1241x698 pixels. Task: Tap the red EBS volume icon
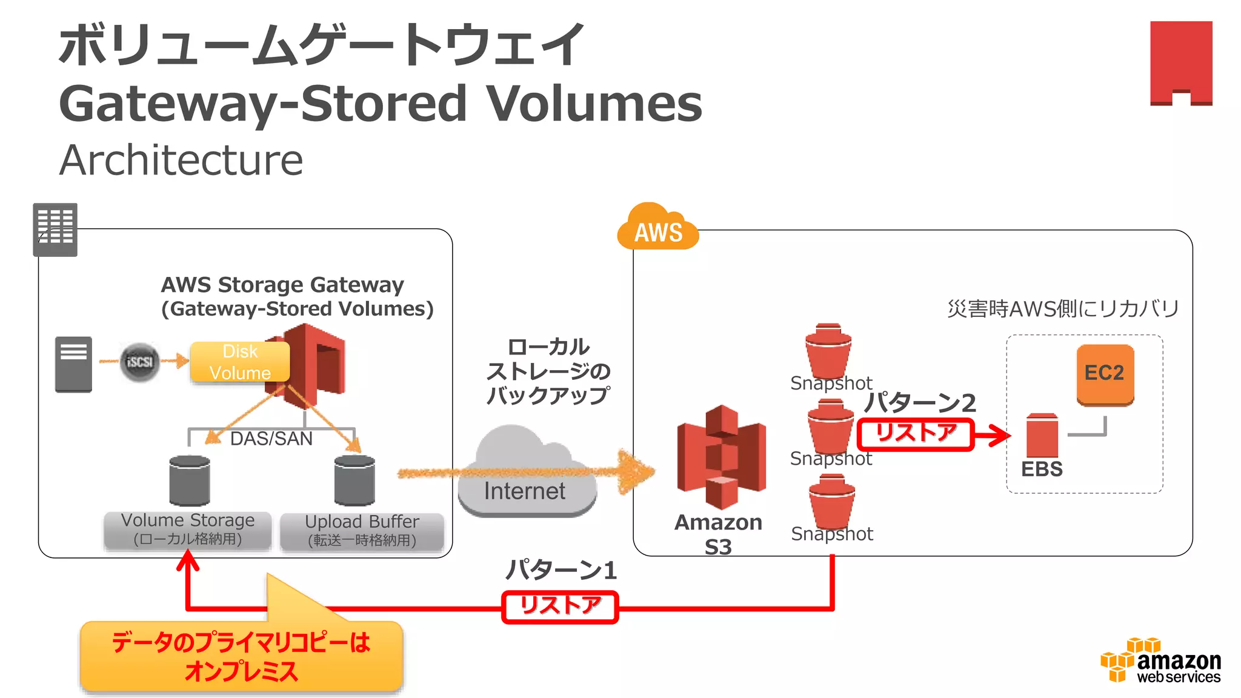[1042, 436]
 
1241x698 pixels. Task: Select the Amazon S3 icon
[721, 457]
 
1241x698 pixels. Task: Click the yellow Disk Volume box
[240, 362]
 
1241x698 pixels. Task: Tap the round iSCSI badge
[140, 362]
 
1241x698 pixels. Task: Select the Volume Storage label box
[188, 530]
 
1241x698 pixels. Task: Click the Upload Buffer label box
[362, 531]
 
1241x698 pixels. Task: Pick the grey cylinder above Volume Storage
[190, 480]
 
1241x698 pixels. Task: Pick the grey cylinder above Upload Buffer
[354, 480]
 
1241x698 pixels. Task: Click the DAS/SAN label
[271, 438]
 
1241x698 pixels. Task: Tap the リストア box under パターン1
[560, 607]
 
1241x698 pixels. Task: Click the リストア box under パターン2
[915, 434]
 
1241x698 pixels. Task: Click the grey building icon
[55, 229]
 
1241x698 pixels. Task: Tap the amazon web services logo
[1160, 662]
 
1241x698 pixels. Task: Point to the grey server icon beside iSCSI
[73, 364]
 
